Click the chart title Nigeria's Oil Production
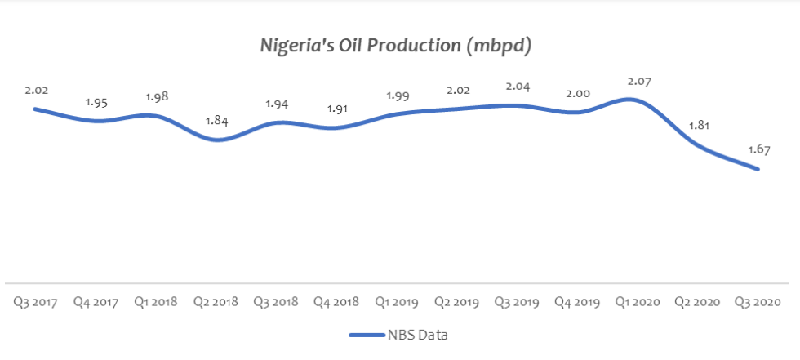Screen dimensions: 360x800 coord(396,47)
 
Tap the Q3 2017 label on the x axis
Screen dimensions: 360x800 coord(35,302)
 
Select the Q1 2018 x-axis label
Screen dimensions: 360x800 coord(156,302)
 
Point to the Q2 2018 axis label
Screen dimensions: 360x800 coord(216,302)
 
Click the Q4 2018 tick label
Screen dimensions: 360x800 coord(336,302)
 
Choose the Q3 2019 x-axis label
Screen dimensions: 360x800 coord(517,302)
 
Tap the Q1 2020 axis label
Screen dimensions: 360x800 coord(638,302)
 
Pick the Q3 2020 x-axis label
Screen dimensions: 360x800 coord(758,302)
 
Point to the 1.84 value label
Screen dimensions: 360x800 coord(216,122)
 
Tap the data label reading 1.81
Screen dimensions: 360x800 coord(699,127)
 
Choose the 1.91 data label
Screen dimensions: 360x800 coord(336,109)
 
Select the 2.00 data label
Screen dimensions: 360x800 coord(578,94)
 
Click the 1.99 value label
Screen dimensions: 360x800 coord(398,96)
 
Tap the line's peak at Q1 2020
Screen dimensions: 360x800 coord(638,100)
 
